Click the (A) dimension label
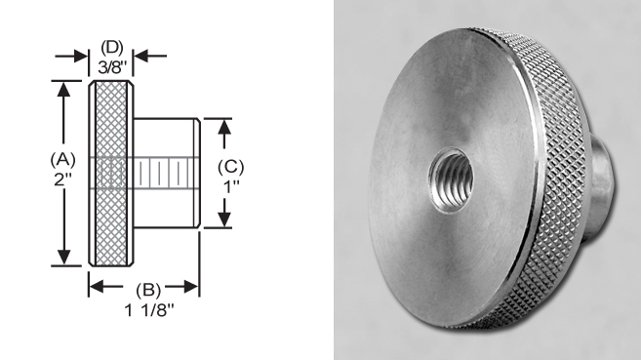(x=63, y=157)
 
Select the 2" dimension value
(x=63, y=180)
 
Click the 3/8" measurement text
(x=111, y=66)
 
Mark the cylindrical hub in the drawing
(x=166, y=174)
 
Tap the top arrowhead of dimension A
(x=64, y=90)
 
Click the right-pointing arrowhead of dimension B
(x=193, y=288)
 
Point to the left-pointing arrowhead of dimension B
(x=96, y=288)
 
